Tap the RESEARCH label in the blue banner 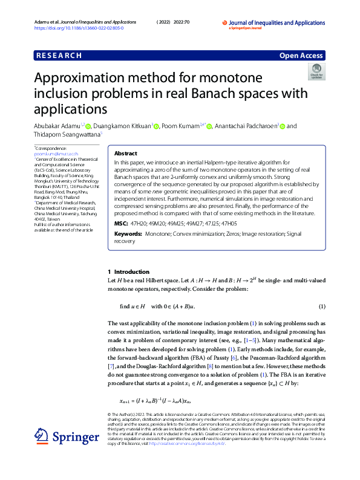point(59,56)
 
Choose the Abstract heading point(125,154)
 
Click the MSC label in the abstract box point(121,223)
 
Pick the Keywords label point(128,233)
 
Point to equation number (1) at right point(322,306)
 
